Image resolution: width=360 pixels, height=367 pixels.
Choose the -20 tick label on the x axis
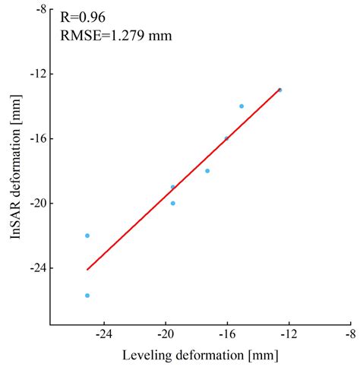coord(166,334)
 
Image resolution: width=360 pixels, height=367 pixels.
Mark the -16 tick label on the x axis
coord(227,334)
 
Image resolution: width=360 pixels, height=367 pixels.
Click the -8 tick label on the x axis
coord(349,334)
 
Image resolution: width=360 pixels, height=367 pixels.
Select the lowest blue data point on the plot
coord(87,296)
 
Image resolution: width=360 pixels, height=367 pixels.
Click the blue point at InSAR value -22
coord(87,236)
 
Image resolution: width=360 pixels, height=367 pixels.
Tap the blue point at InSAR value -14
coord(242,106)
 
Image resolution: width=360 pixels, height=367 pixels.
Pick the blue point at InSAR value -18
coord(207,171)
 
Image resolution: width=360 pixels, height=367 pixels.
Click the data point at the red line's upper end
coord(279,90)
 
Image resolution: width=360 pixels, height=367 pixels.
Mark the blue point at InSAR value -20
coord(173,204)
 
